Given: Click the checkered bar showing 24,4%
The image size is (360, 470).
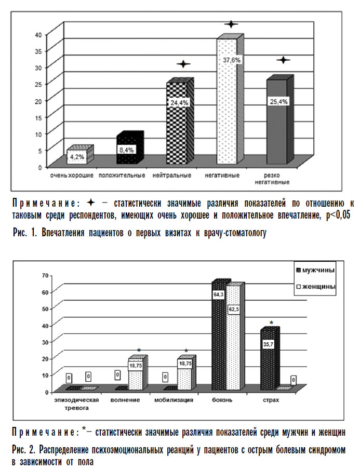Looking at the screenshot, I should [x=178, y=125].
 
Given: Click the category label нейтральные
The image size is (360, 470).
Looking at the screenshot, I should [x=172, y=176].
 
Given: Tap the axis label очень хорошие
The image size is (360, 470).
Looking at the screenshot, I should [x=72, y=176].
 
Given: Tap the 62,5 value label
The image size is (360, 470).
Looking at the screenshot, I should [x=234, y=310].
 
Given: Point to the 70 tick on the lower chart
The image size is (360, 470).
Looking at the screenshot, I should [x=45, y=275].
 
